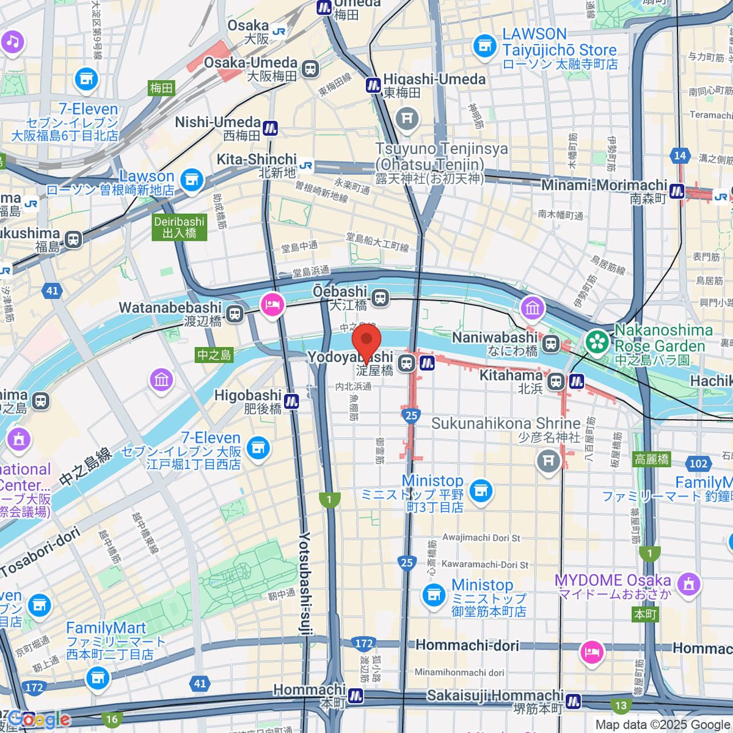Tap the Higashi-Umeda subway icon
(x=373, y=86)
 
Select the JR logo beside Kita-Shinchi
(x=306, y=165)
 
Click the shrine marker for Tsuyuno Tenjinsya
(x=407, y=119)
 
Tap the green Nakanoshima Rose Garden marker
(x=597, y=342)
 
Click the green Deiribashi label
(x=180, y=227)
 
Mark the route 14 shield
(x=680, y=155)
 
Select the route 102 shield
(x=698, y=464)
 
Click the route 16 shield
(x=112, y=719)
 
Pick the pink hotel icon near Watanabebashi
(x=272, y=305)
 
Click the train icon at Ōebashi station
(x=381, y=298)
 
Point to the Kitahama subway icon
(x=576, y=382)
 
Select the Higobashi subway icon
(x=291, y=401)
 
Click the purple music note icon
(x=12, y=42)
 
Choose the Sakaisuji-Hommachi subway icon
(x=573, y=702)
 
